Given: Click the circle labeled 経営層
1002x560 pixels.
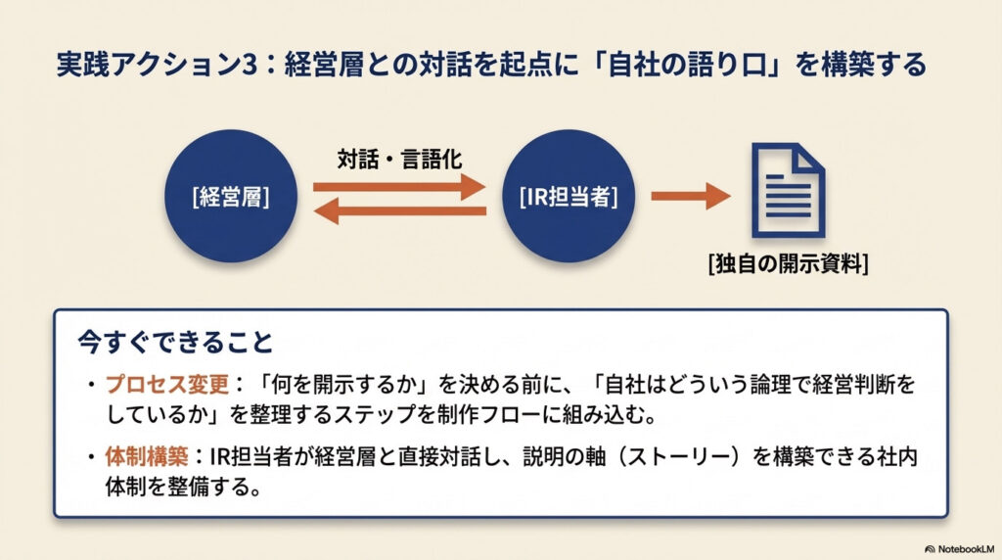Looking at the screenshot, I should [x=231, y=196].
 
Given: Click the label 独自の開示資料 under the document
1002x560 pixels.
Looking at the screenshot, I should [x=789, y=263].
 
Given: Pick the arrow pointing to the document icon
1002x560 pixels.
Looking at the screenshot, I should [x=690, y=196].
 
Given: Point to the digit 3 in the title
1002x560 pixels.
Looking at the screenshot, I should [x=257, y=66].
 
